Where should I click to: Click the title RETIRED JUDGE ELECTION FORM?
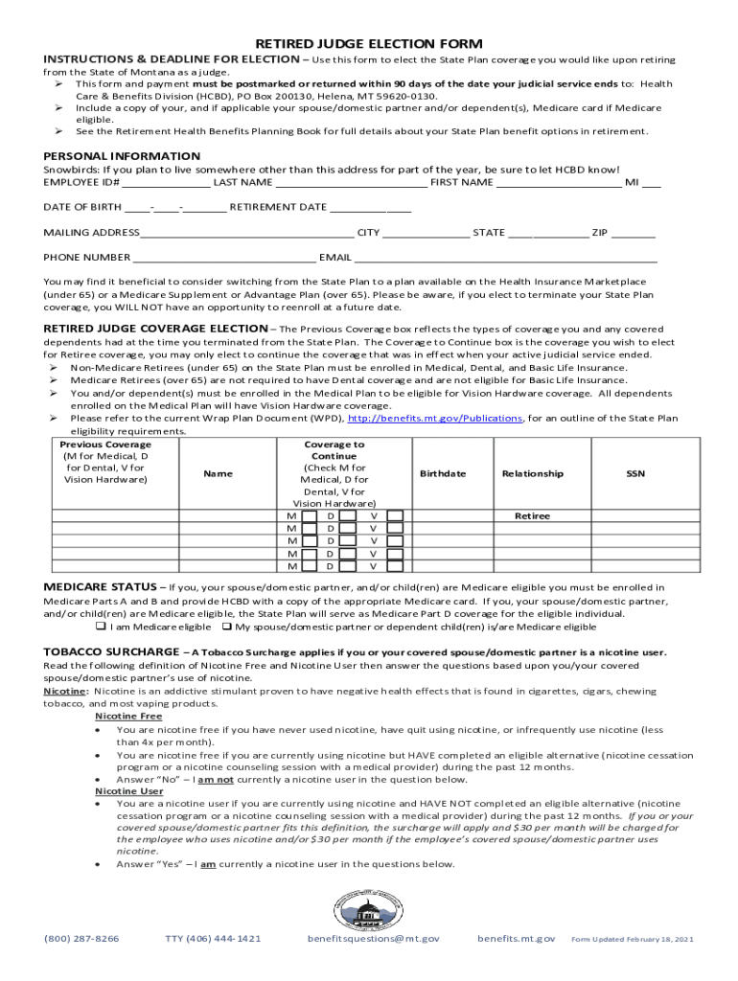(x=368, y=44)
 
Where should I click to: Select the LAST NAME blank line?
(x=351, y=182)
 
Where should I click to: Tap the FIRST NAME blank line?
(x=559, y=182)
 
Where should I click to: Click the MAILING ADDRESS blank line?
(x=247, y=233)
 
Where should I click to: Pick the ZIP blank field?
(x=634, y=233)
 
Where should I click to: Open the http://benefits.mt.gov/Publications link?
(x=434, y=419)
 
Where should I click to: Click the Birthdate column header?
(x=443, y=474)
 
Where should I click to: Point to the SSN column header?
(x=635, y=474)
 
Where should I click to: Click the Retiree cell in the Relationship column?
(x=532, y=516)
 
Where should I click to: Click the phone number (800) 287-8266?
(x=81, y=939)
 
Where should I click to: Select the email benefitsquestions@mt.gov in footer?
(x=374, y=939)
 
